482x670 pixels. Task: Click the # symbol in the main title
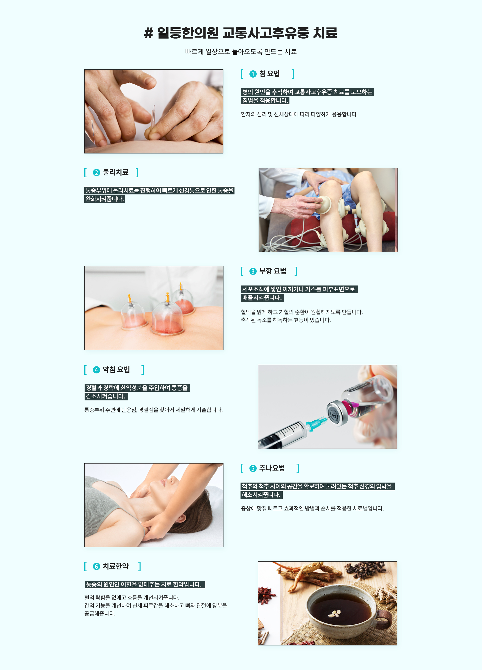point(149,33)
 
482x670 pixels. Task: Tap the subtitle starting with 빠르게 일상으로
point(241,52)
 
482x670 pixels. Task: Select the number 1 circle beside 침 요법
point(253,74)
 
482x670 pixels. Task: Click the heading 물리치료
point(115,172)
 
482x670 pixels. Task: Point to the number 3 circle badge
point(253,271)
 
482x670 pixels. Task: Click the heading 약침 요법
point(116,370)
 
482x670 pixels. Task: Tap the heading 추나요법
point(272,468)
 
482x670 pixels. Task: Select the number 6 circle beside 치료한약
point(96,566)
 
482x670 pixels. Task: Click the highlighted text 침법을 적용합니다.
point(265,100)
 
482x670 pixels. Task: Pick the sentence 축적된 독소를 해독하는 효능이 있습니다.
point(286,320)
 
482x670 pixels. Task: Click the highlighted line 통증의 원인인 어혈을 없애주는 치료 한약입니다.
point(145,584)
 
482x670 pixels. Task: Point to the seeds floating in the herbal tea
point(335,614)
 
